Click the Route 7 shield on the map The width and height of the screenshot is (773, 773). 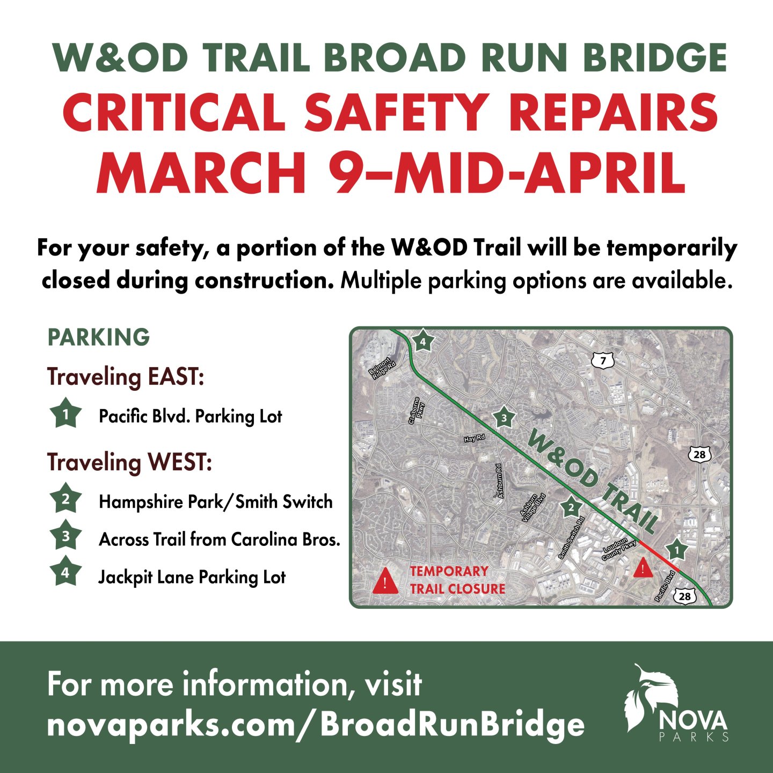pos(603,361)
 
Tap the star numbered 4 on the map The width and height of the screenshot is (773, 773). pos(423,341)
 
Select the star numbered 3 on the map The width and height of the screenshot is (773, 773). pos(504,418)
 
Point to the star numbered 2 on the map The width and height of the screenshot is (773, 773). pos(571,508)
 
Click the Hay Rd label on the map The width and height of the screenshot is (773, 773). pos(474,439)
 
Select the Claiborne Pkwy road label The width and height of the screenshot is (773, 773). pos(417,411)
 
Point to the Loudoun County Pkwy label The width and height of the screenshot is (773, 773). pos(619,549)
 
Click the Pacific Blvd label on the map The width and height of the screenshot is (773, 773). pos(665,586)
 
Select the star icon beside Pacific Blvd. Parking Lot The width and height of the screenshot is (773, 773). pos(65,414)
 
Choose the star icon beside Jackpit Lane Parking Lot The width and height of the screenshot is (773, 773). pos(65,573)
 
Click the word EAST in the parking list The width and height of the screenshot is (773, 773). pos(176,377)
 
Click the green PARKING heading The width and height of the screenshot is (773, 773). pos(99,338)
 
